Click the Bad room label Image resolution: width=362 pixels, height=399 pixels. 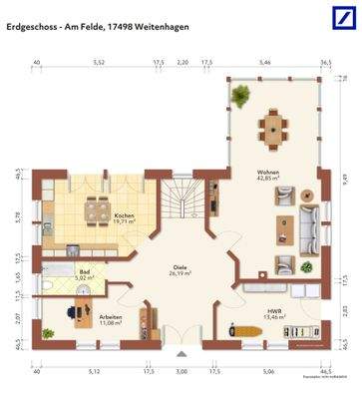click(58, 271)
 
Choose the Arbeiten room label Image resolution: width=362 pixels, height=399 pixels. click(111, 316)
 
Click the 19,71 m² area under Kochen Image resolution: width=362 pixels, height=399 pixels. click(125, 223)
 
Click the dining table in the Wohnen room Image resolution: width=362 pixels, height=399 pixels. click(272, 125)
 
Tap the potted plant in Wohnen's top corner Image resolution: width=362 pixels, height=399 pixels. click(240, 96)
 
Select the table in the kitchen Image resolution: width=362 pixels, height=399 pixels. click(98, 208)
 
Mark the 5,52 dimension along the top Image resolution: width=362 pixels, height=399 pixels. click(99, 62)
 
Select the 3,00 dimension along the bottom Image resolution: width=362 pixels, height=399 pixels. click(181, 371)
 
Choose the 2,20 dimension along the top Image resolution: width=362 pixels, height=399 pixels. click(182, 62)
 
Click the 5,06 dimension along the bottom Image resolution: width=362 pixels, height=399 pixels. click(266, 371)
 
